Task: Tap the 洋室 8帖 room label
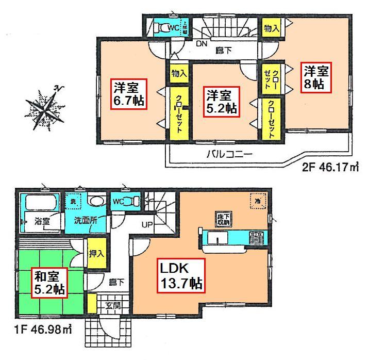(x=314, y=77)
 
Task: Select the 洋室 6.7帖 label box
(x=128, y=94)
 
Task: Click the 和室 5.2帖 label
(x=49, y=283)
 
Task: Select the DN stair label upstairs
(x=201, y=44)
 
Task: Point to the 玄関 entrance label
(x=113, y=305)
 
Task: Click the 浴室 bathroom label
(x=42, y=220)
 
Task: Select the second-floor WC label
(x=174, y=28)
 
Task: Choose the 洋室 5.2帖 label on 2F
(x=222, y=102)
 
